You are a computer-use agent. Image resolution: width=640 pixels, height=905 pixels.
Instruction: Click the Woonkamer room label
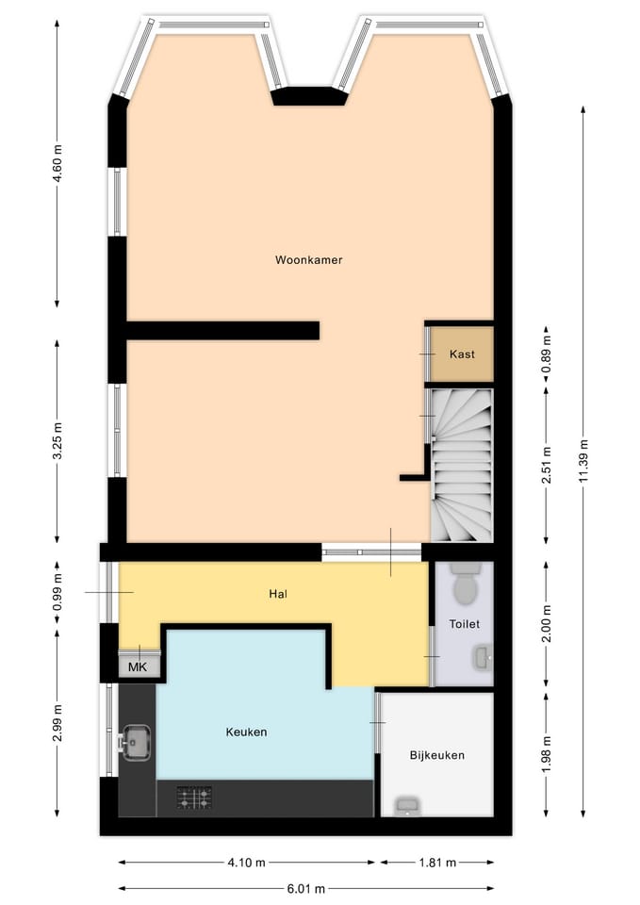[x=309, y=260]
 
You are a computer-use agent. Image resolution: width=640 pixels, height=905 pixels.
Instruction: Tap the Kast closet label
[x=462, y=354]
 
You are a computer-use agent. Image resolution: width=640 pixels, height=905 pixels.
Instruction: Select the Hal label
[x=277, y=593]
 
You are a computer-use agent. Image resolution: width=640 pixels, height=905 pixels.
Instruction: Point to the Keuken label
[x=246, y=732]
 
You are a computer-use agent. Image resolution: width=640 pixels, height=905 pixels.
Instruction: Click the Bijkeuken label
[x=436, y=755]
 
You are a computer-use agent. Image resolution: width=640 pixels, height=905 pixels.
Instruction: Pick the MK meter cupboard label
[x=138, y=667]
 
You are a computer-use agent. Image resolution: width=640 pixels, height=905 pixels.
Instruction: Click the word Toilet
[x=465, y=624]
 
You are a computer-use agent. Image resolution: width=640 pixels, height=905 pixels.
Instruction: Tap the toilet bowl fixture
[x=465, y=583]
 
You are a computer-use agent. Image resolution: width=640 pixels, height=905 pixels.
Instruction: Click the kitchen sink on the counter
[x=135, y=743]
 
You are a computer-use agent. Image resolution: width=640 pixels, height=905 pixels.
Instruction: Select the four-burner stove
[x=194, y=798]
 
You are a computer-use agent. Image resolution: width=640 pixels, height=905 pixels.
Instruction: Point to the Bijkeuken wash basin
[x=408, y=806]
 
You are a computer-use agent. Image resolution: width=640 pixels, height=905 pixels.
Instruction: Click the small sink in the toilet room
[x=483, y=657]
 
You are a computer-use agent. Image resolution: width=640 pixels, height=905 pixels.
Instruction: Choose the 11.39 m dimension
[x=584, y=461]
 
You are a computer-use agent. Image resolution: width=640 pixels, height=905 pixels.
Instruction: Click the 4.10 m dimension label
[x=246, y=863]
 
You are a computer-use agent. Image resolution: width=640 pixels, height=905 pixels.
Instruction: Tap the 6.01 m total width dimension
[x=305, y=888]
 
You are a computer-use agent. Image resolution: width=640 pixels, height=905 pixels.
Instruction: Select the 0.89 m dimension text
[x=547, y=354]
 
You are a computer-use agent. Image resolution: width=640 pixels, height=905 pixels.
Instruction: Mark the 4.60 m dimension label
[x=57, y=164]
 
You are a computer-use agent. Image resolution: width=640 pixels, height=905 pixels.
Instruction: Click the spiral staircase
[x=462, y=465]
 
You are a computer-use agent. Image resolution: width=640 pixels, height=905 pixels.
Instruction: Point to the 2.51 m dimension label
[x=547, y=465]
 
